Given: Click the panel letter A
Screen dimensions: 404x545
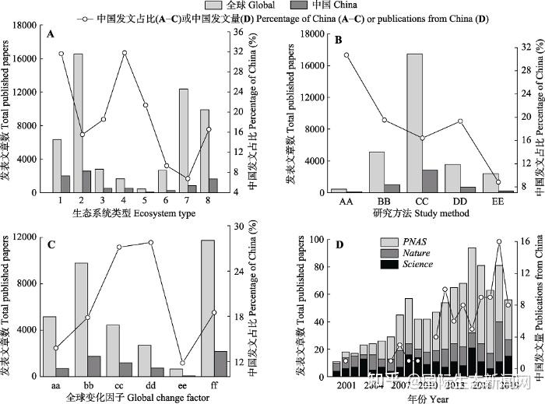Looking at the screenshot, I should point(51,34).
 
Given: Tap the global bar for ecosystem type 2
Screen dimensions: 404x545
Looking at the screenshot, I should point(79,123).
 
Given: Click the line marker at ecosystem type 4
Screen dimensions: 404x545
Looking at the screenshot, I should point(124,53).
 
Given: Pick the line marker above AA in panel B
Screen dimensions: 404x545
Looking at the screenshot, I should point(346,55).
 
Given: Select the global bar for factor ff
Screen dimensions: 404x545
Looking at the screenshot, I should point(208,308).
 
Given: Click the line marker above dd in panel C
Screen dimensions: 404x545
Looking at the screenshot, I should point(151,242).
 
